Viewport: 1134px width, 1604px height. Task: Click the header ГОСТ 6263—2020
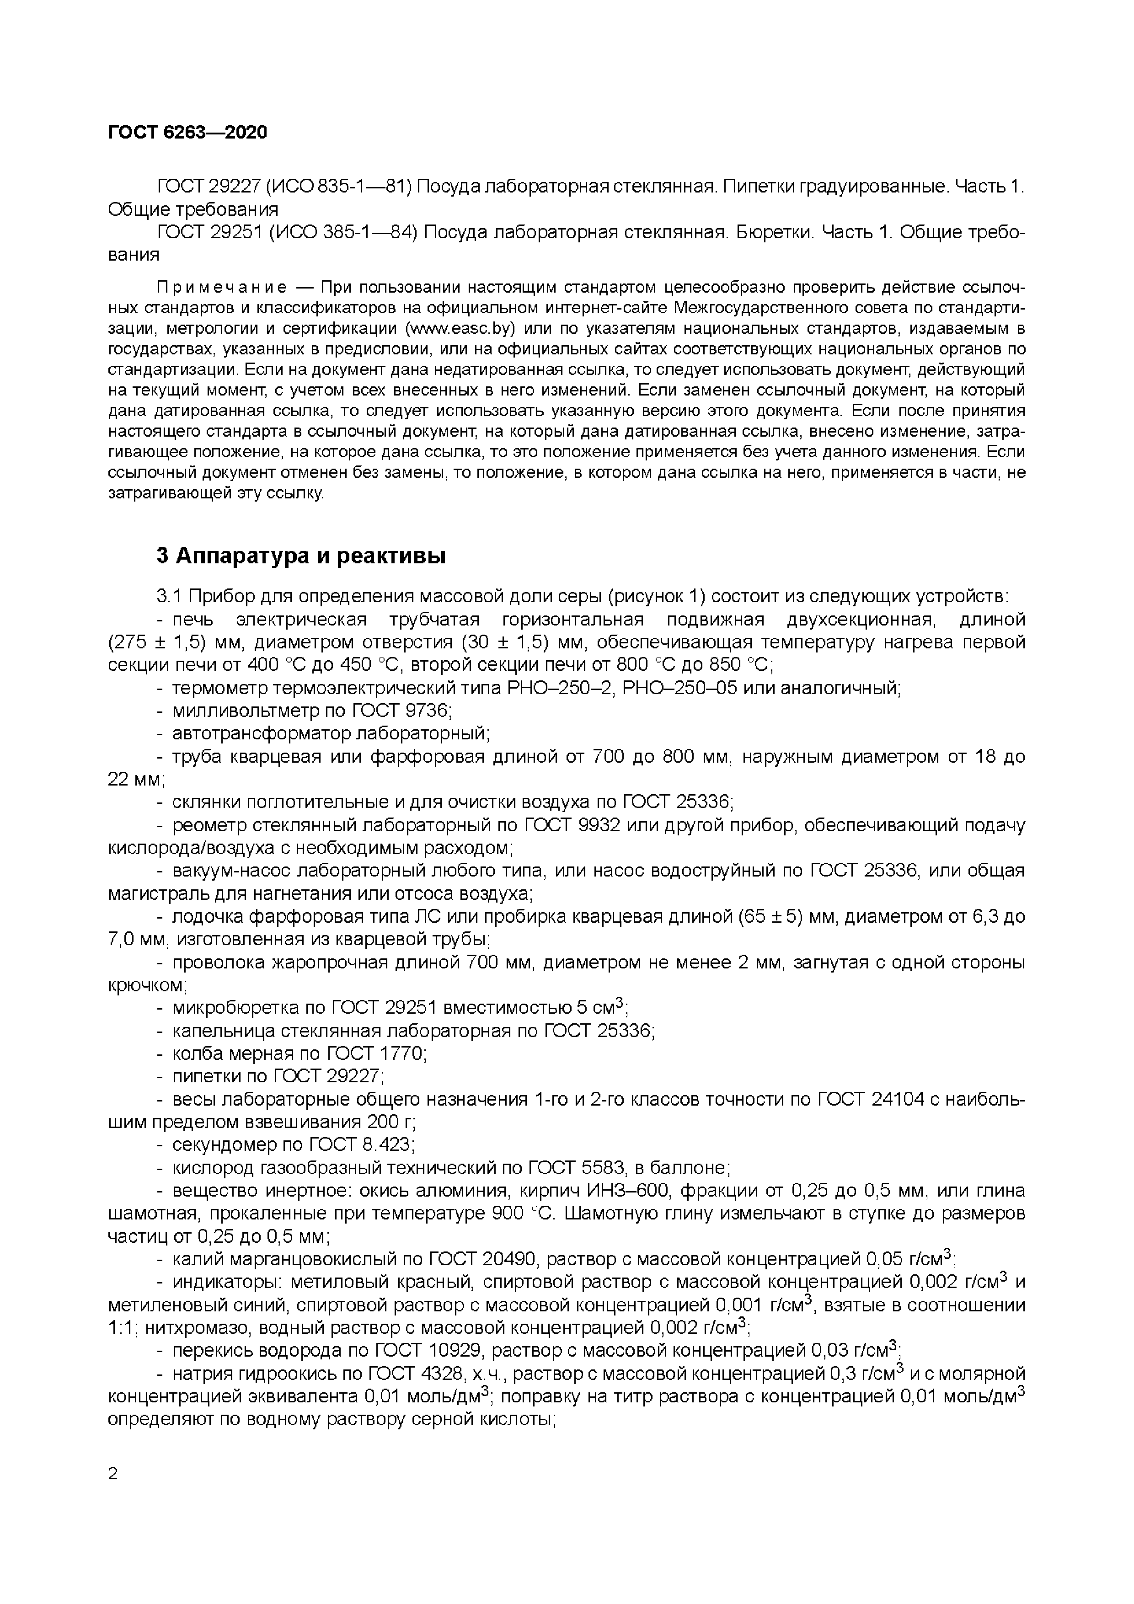coord(187,132)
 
